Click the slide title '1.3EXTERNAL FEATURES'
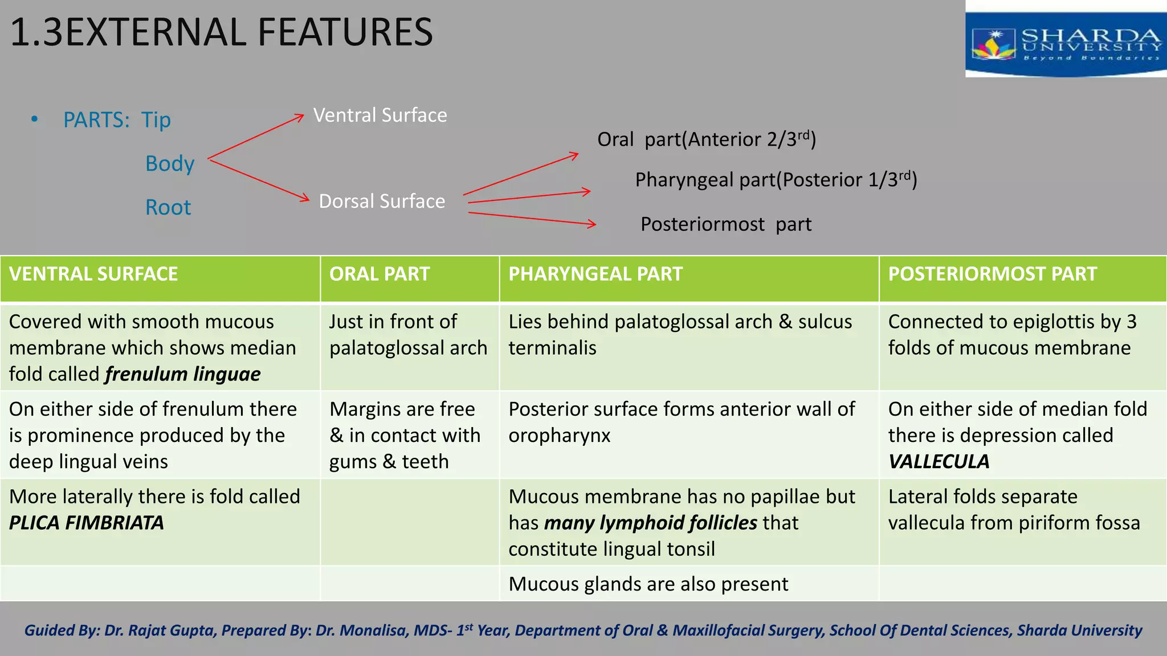pyautogui.click(x=222, y=32)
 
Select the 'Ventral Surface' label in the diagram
pyautogui.click(x=380, y=116)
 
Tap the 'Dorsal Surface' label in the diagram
pyautogui.click(x=382, y=202)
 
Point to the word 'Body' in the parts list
pyautogui.click(x=170, y=164)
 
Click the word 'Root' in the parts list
pyautogui.click(x=168, y=208)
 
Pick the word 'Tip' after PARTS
pyautogui.click(x=156, y=120)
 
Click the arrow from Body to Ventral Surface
pyautogui.click(x=256, y=137)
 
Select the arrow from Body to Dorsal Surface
pyautogui.click(x=259, y=180)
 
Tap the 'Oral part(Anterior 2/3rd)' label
pyautogui.click(x=707, y=140)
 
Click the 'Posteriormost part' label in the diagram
pyautogui.click(x=725, y=224)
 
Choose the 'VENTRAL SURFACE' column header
pyautogui.click(x=93, y=274)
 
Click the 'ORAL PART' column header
pyautogui.click(x=380, y=274)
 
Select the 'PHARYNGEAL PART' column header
pyautogui.click(x=595, y=274)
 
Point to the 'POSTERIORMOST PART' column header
pyautogui.click(x=992, y=274)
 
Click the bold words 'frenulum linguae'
pyautogui.click(x=183, y=375)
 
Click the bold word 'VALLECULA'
pyautogui.click(x=939, y=462)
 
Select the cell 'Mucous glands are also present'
pyautogui.click(x=648, y=584)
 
